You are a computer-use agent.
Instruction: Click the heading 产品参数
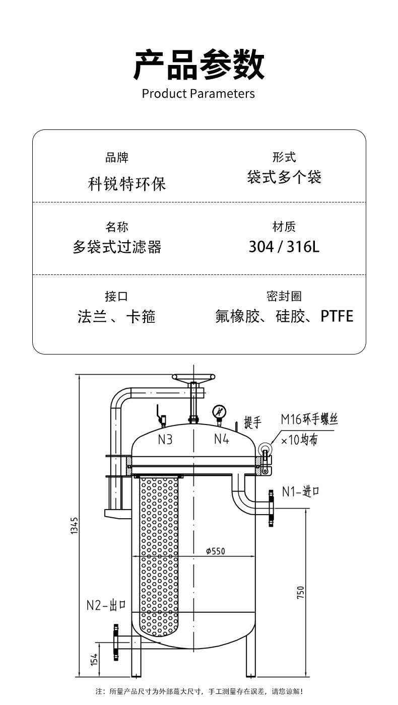pyautogui.click(x=198, y=64)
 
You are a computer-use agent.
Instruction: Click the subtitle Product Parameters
pyautogui.click(x=198, y=94)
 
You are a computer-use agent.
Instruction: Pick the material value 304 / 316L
pyautogui.click(x=284, y=247)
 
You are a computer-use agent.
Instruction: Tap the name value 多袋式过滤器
pyautogui.click(x=117, y=247)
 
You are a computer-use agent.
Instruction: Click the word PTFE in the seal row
pyautogui.click(x=337, y=316)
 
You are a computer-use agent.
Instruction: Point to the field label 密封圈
pyautogui.click(x=284, y=297)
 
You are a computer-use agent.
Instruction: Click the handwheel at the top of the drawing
pyautogui.click(x=193, y=377)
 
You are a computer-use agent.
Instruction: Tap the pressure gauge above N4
pyautogui.click(x=219, y=411)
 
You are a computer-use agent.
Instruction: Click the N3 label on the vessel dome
pyautogui.click(x=165, y=440)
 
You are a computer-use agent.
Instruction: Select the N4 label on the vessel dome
pyautogui.click(x=222, y=439)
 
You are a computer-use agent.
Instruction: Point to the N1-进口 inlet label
pyautogui.click(x=301, y=491)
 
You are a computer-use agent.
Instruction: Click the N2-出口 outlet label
pyautogui.click(x=106, y=605)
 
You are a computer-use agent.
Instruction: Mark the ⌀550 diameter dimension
pyautogui.click(x=215, y=551)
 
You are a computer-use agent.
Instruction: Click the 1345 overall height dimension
pyautogui.click(x=74, y=526)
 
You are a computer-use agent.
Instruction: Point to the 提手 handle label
pyautogui.click(x=253, y=422)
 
